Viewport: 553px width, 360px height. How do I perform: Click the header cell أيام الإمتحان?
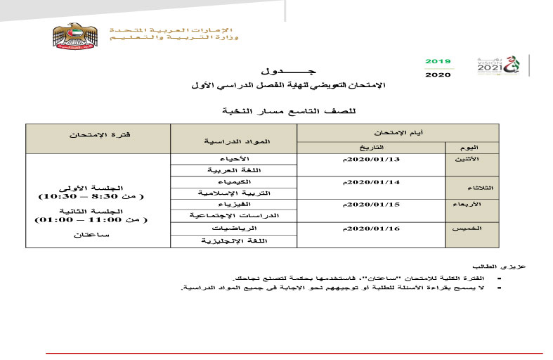398,131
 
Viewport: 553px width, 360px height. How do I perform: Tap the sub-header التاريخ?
372,148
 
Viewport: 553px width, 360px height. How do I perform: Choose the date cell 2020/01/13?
372,160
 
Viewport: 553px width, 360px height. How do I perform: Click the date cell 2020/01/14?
372,182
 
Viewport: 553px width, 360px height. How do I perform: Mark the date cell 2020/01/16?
372,229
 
